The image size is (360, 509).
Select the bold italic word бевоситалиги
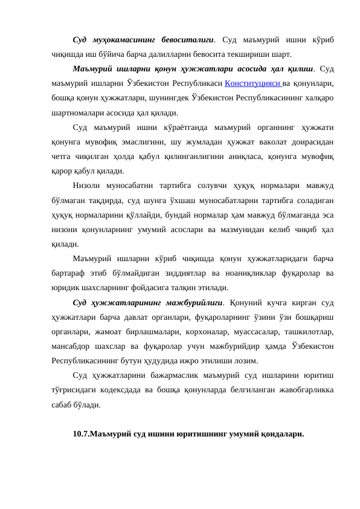[x=187, y=39]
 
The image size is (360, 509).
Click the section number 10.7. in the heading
[x=81, y=434]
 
